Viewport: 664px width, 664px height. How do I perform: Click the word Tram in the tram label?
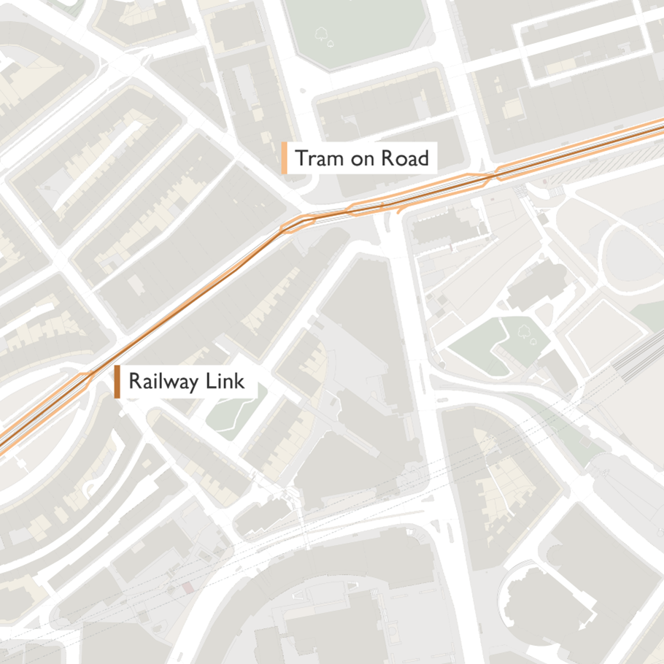coord(317,158)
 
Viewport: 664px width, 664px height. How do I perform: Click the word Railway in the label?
coord(163,382)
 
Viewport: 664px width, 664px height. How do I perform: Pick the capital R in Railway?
coord(134,382)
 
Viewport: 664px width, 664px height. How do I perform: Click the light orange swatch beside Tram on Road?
coord(284,158)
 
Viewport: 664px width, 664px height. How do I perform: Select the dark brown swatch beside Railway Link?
coord(117,382)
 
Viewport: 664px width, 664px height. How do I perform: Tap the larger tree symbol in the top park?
coord(320,33)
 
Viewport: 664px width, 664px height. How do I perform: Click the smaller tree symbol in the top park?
coord(331,43)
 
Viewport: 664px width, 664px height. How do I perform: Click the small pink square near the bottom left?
coord(188,587)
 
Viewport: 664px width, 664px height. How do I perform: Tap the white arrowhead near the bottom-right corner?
coord(582,625)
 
